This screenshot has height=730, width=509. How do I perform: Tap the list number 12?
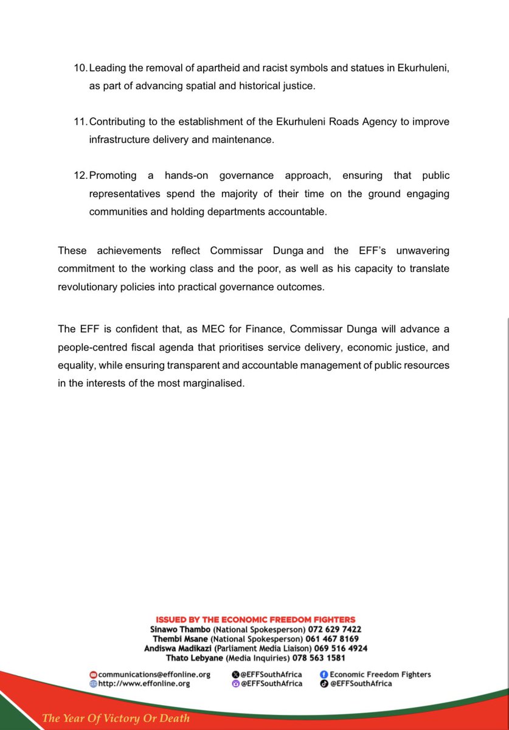(x=80, y=176)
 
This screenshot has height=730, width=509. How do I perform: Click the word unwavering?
(x=420, y=250)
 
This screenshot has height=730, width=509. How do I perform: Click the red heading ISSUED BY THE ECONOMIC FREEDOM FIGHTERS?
(x=255, y=619)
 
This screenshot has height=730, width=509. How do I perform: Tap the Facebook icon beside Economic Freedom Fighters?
(x=324, y=674)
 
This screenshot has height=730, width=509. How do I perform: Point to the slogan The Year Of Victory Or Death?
(x=116, y=718)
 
